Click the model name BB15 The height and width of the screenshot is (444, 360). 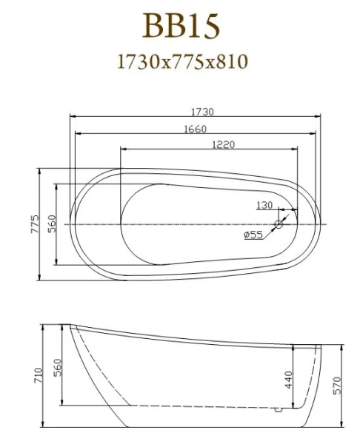point(181,27)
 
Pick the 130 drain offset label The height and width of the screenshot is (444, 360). point(265,206)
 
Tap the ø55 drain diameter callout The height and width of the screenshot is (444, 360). point(253,235)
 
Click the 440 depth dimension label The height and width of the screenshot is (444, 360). point(289,380)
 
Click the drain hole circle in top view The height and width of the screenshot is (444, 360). point(280,223)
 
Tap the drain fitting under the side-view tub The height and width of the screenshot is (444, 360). point(279,408)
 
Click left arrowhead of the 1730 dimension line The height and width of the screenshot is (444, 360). point(72,117)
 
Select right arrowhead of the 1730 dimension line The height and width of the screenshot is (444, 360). point(321,117)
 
